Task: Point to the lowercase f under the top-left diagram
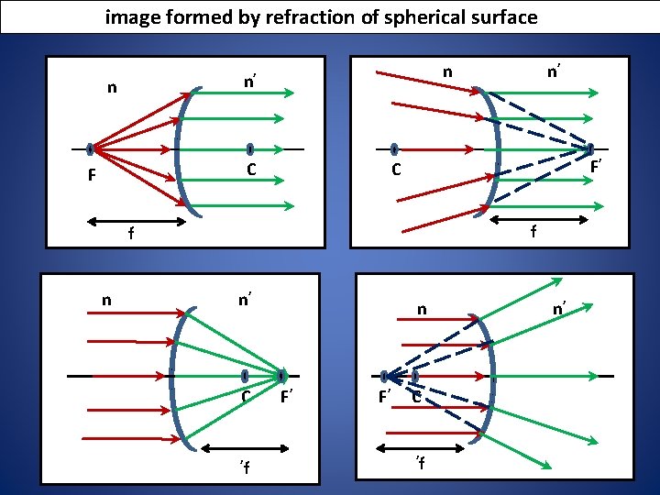pos(131,236)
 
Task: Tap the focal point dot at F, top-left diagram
pos(91,149)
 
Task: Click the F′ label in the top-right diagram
pos(596,167)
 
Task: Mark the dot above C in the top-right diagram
pos(393,149)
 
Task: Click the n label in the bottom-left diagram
pos(107,299)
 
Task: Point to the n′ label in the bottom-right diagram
pos(557,311)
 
